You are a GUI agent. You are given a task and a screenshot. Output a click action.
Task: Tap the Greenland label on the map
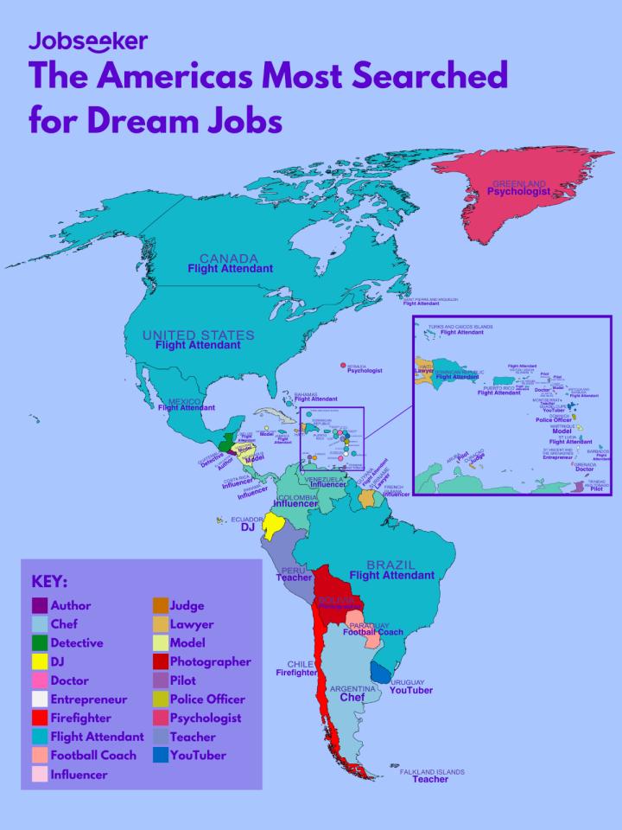518,184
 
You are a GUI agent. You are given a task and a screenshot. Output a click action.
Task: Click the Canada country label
229,259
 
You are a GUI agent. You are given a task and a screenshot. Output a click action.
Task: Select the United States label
198,335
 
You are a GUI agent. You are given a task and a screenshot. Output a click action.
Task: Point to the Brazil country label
390,565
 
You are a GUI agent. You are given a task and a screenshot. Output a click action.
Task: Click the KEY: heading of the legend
49,581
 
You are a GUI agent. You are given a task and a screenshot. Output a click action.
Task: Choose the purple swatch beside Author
39,605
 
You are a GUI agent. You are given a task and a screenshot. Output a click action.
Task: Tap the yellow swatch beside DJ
39,661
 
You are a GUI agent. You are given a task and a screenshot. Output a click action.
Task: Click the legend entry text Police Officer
207,699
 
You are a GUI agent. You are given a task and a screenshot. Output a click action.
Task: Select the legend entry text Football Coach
93,756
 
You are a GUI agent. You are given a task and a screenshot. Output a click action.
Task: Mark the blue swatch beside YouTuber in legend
160,756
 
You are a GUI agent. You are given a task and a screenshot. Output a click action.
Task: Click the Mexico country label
184,402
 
